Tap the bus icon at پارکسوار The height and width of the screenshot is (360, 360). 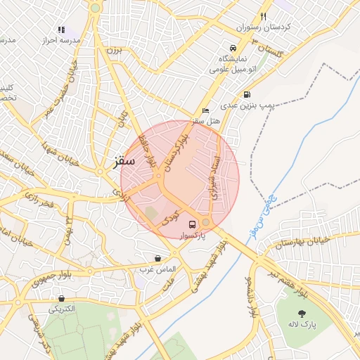pyautogui.click(x=192, y=224)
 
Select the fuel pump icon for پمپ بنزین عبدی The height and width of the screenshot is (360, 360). pyautogui.click(x=246, y=94)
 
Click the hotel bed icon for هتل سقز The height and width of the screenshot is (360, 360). pyautogui.click(x=205, y=111)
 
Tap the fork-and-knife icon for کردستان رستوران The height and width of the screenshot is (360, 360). pyautogui.click(x=264, y=15)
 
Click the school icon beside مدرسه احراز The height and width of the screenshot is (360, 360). pyautogui.click(x=61, y=30)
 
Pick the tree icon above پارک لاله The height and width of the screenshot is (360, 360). pyautogui.click(x=302, y=314)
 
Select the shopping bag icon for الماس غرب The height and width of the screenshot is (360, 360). pyautogui.click(x=157, y=258)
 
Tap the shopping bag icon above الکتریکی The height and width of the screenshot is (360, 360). pyautogui.click(x=63, y=299)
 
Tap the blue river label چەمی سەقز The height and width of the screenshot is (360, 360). pyautogui.click(x=261, y=212)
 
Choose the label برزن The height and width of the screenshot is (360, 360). pyautogui.click(x=115, y=51)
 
